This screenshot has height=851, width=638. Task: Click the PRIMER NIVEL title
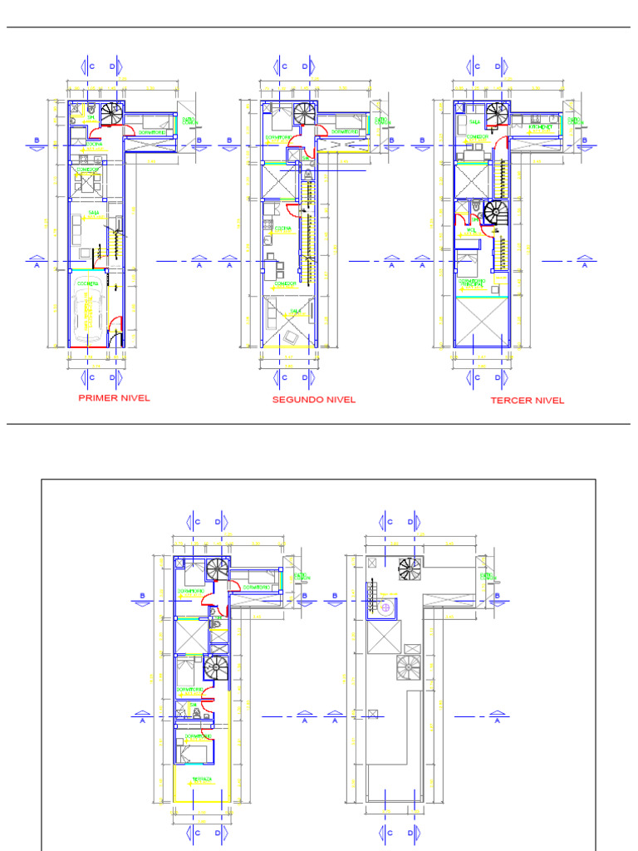(114, 398)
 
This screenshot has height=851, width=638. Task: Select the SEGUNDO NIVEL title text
(314, 400)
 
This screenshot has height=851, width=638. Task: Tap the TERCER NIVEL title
(527, 401)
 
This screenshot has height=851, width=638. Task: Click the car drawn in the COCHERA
(87, 319)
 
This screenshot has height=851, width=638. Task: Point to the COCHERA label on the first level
(88, 284)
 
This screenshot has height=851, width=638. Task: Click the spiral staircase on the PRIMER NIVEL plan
(111, 113)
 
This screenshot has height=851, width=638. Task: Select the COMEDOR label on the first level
(86, 170)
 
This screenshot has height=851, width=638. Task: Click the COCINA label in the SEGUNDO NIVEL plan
(282, 227)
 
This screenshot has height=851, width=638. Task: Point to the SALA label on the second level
(294, 311)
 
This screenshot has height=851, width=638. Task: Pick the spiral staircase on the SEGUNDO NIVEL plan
(304, 113)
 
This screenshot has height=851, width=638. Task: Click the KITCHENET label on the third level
(540, 127)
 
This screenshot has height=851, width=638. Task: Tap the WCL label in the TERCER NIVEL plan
(470, 230)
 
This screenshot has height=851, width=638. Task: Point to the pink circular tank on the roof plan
(386, 608)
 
